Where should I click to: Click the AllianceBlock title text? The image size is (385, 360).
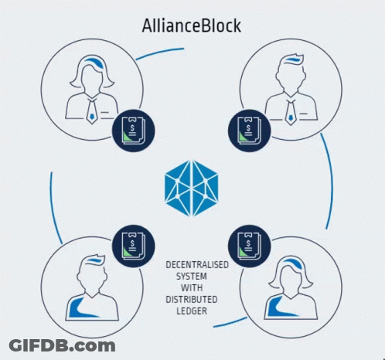pyautogui.click(x=192, y=25)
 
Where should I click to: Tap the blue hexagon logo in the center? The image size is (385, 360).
pyautogui.click(x=192, y=188)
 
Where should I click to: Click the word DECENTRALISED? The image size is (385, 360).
pyautogui.click(x=197, y=265)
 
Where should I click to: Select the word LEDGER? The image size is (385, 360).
pyautogui.click(x=192, y=311)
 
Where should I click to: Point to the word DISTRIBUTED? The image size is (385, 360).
pyautogui.click(x=192, y=300)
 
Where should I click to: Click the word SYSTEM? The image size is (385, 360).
pyautogui.click(x=192, y=277)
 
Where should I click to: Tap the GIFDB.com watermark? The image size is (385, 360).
pyautogui.click(x=62, y=345)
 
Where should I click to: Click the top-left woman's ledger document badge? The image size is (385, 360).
pyautogui.click(x=134, y=131)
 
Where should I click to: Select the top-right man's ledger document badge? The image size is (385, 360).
pyautogui.click(x=250, y=131)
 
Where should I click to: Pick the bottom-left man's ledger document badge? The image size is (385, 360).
pyautogui.click(x=134, y=246)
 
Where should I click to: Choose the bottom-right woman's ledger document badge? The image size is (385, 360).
pyautogui.click(x=250, y=246)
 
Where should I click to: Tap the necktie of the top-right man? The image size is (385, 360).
pyautogui.click(x=291, y=112)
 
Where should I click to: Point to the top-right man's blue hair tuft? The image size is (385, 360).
pyautogui.click(x=294, y=59)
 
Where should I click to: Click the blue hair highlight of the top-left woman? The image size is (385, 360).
pyautogui.click(x=94, y=63)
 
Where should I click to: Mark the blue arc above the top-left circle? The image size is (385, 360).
pyautogui.click(x=160, y=53)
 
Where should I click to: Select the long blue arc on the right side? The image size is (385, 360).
pyautogui.click(x=330, y=180)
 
